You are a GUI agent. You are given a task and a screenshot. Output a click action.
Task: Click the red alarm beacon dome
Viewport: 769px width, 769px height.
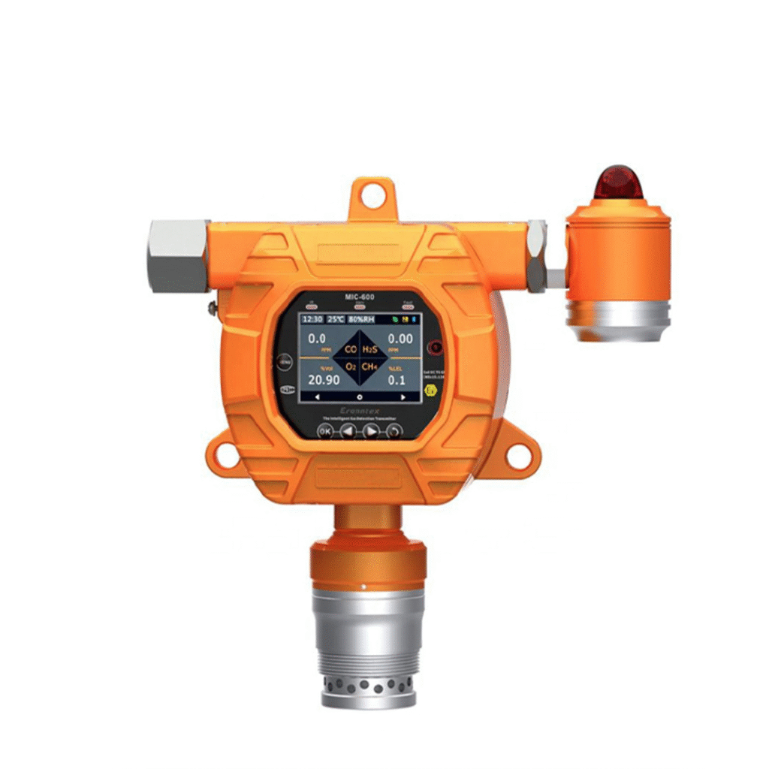coord(618,183)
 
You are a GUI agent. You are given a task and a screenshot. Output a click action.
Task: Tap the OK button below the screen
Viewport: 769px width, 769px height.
coord(325,431)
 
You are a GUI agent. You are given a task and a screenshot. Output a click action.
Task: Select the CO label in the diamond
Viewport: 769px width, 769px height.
coord(350,349)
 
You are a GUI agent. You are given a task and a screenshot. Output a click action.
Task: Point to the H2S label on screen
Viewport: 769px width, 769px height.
coord(369,349)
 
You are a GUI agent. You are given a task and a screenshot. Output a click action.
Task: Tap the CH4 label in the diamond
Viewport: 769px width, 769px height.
coord(369,367)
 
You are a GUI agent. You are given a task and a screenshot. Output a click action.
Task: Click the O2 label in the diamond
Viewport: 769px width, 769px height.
coord(350,367)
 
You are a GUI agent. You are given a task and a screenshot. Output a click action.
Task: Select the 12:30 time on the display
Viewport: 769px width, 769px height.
coord(312,319)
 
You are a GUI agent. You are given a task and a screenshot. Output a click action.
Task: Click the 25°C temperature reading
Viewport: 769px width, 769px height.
coord(335,319)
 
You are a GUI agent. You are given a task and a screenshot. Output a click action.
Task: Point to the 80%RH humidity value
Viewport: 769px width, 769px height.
coord(362,319)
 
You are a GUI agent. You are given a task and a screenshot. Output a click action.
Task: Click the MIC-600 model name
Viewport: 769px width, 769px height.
coord(360,297)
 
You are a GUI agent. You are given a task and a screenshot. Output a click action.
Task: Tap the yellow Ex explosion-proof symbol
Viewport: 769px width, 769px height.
coord(430,391)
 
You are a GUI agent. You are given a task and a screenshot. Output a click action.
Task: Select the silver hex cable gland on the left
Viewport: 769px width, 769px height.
coord(178,255)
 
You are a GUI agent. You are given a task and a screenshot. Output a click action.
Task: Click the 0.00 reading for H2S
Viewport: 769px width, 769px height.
coord(400,339)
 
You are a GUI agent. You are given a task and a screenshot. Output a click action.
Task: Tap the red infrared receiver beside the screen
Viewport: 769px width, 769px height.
coord(433,347)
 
